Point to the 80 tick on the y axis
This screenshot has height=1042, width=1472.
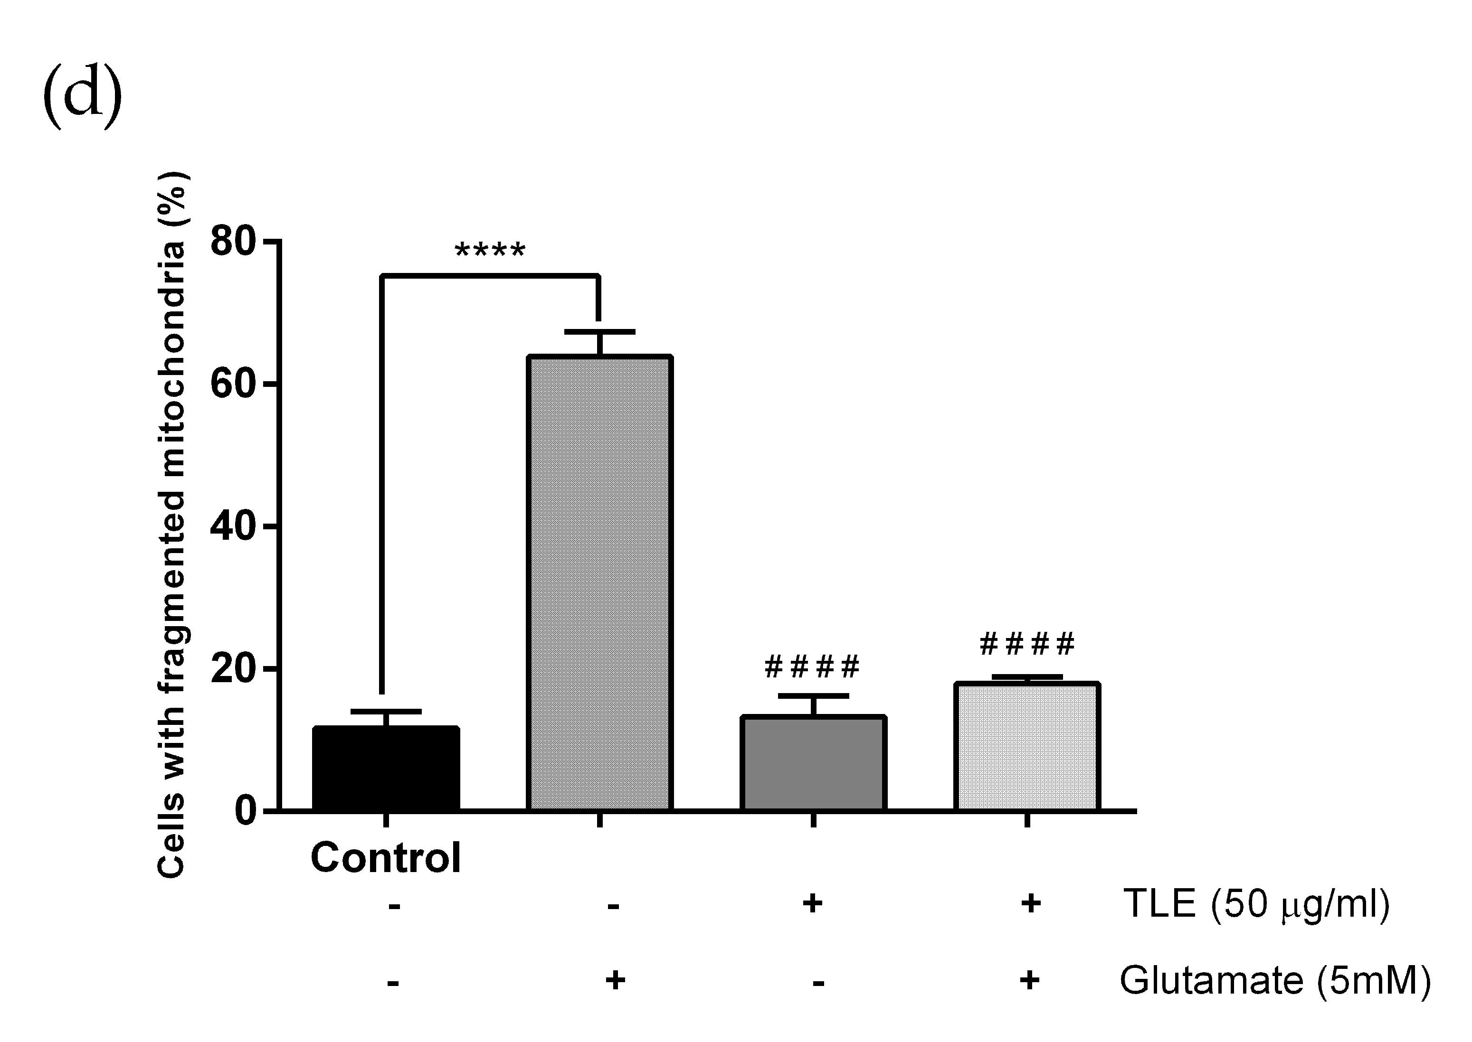coord(232,242)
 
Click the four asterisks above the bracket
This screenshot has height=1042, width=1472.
coord(490,250)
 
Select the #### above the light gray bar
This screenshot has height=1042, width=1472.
coord(1026,644)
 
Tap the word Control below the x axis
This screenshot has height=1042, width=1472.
coord(386,857)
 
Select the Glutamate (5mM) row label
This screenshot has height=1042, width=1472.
coord(1275,980)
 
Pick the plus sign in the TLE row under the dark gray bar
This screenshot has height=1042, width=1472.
coord(813,903)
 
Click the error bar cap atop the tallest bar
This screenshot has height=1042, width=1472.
coord(599,332)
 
